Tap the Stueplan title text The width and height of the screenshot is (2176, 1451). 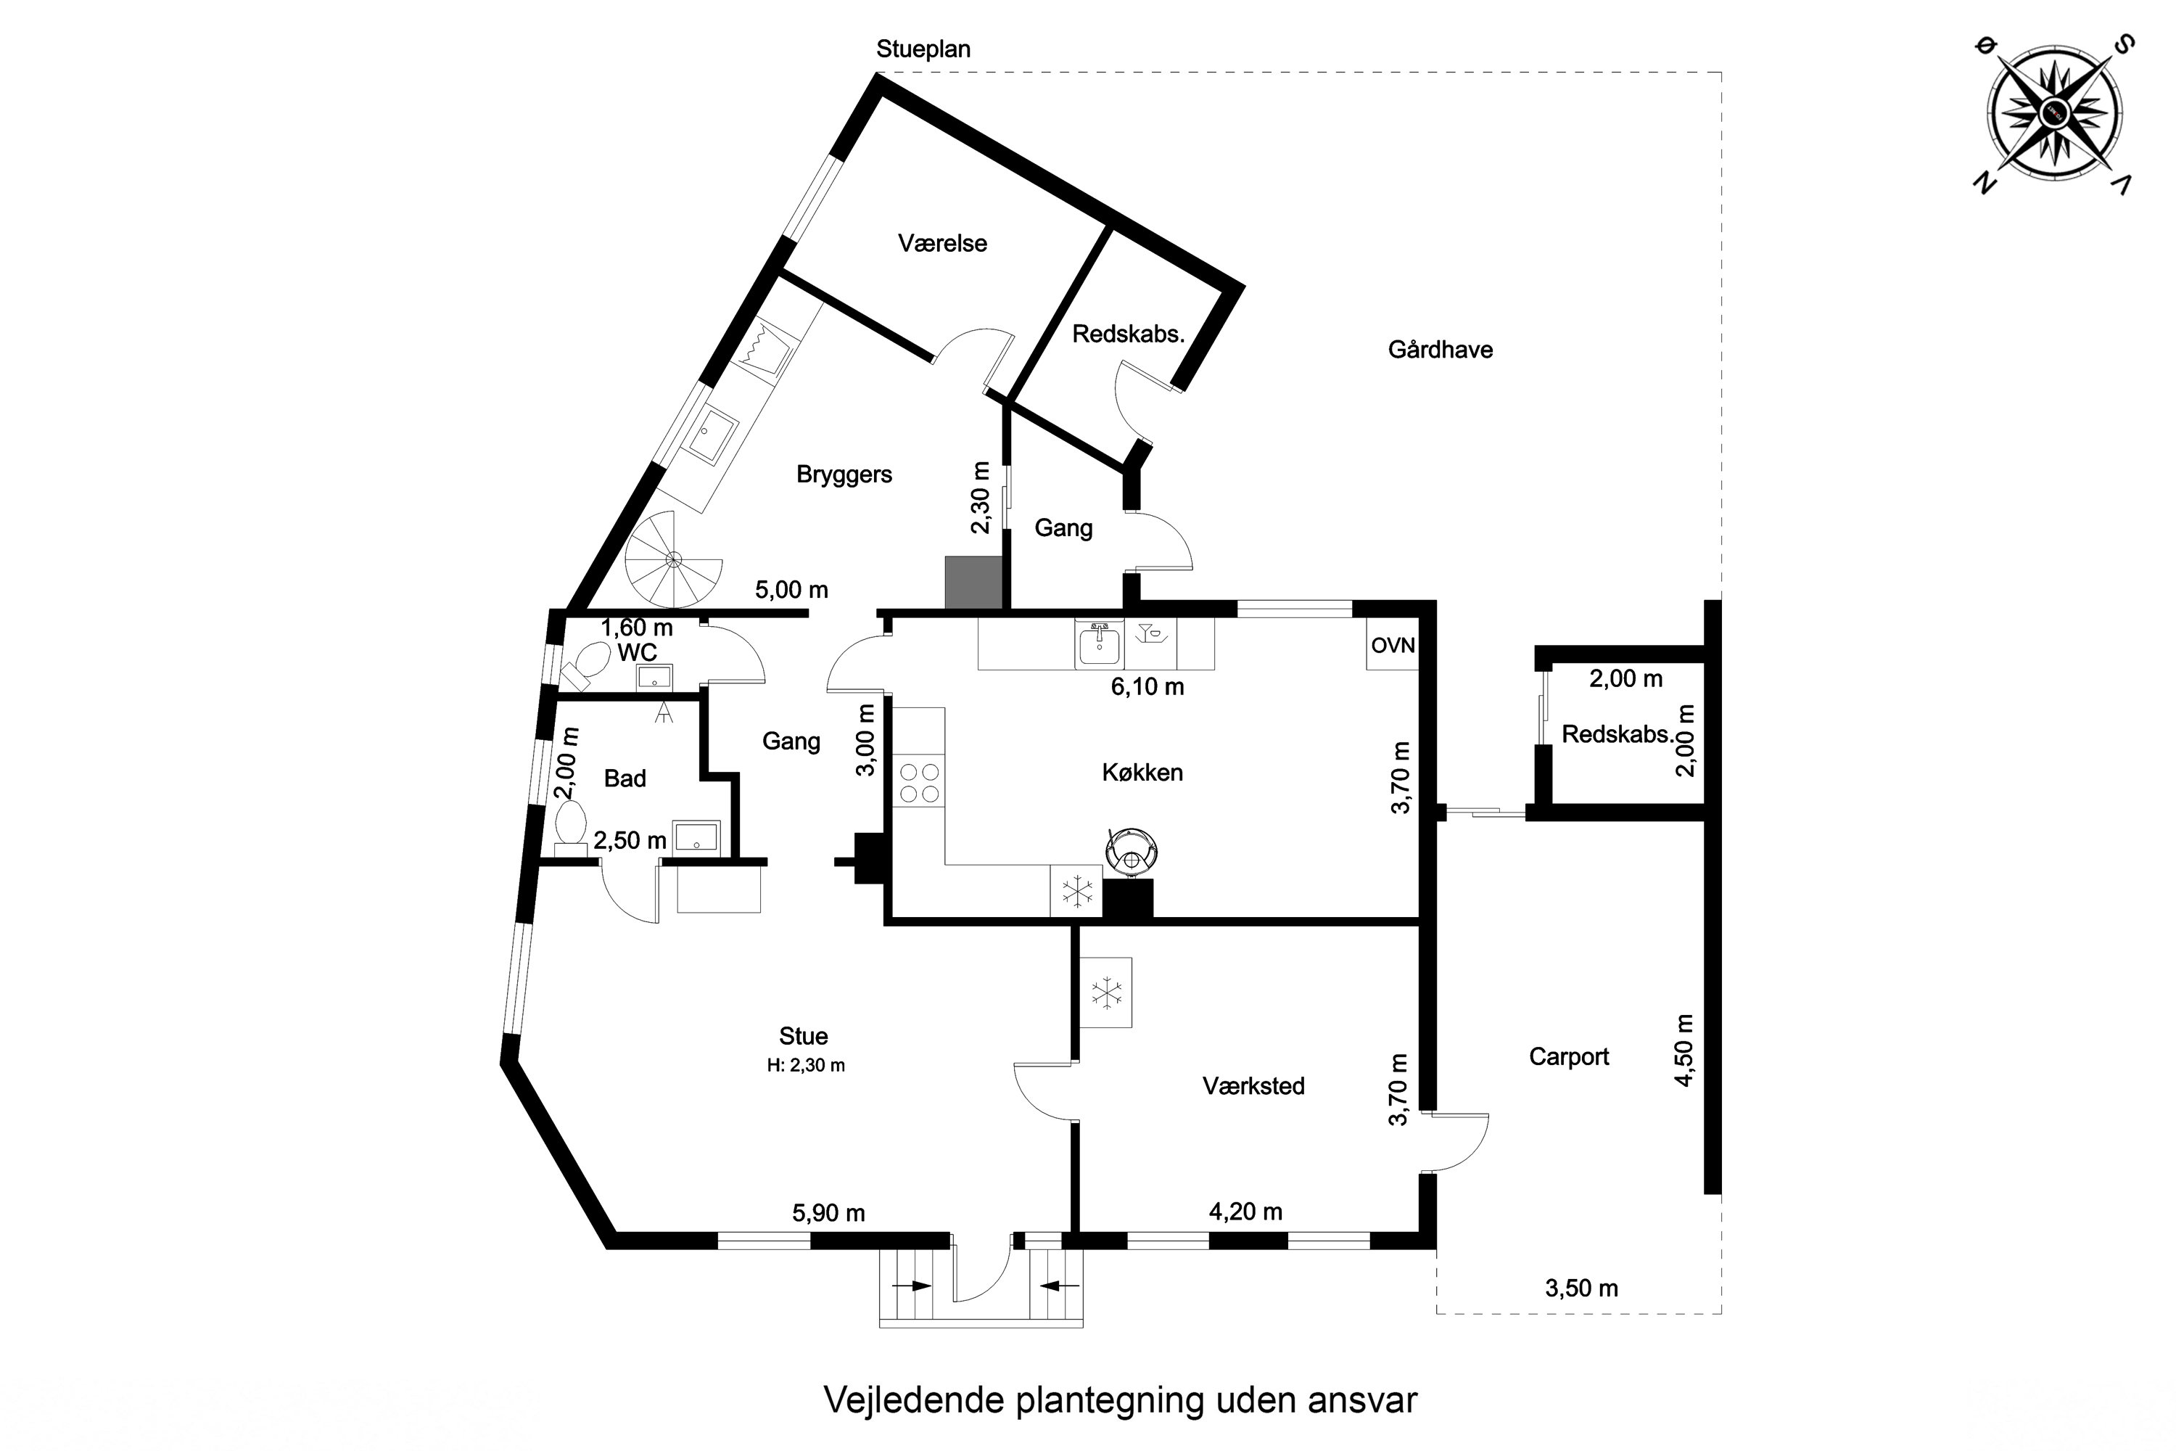point(923,49)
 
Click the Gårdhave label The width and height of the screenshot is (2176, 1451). point(1440,350)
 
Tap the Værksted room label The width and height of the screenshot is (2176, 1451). point(1253,1085)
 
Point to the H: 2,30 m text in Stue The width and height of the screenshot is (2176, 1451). point(805,1065)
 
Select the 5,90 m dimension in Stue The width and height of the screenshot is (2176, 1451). point(828,1213)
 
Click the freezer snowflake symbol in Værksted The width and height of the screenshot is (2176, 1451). point(1105,993)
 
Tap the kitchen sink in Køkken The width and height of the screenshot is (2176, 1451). point(1099,646)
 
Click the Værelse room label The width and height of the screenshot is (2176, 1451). point(941,243)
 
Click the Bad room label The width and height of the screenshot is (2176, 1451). point(625,779)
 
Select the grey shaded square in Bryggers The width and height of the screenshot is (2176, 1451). point(973,583)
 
